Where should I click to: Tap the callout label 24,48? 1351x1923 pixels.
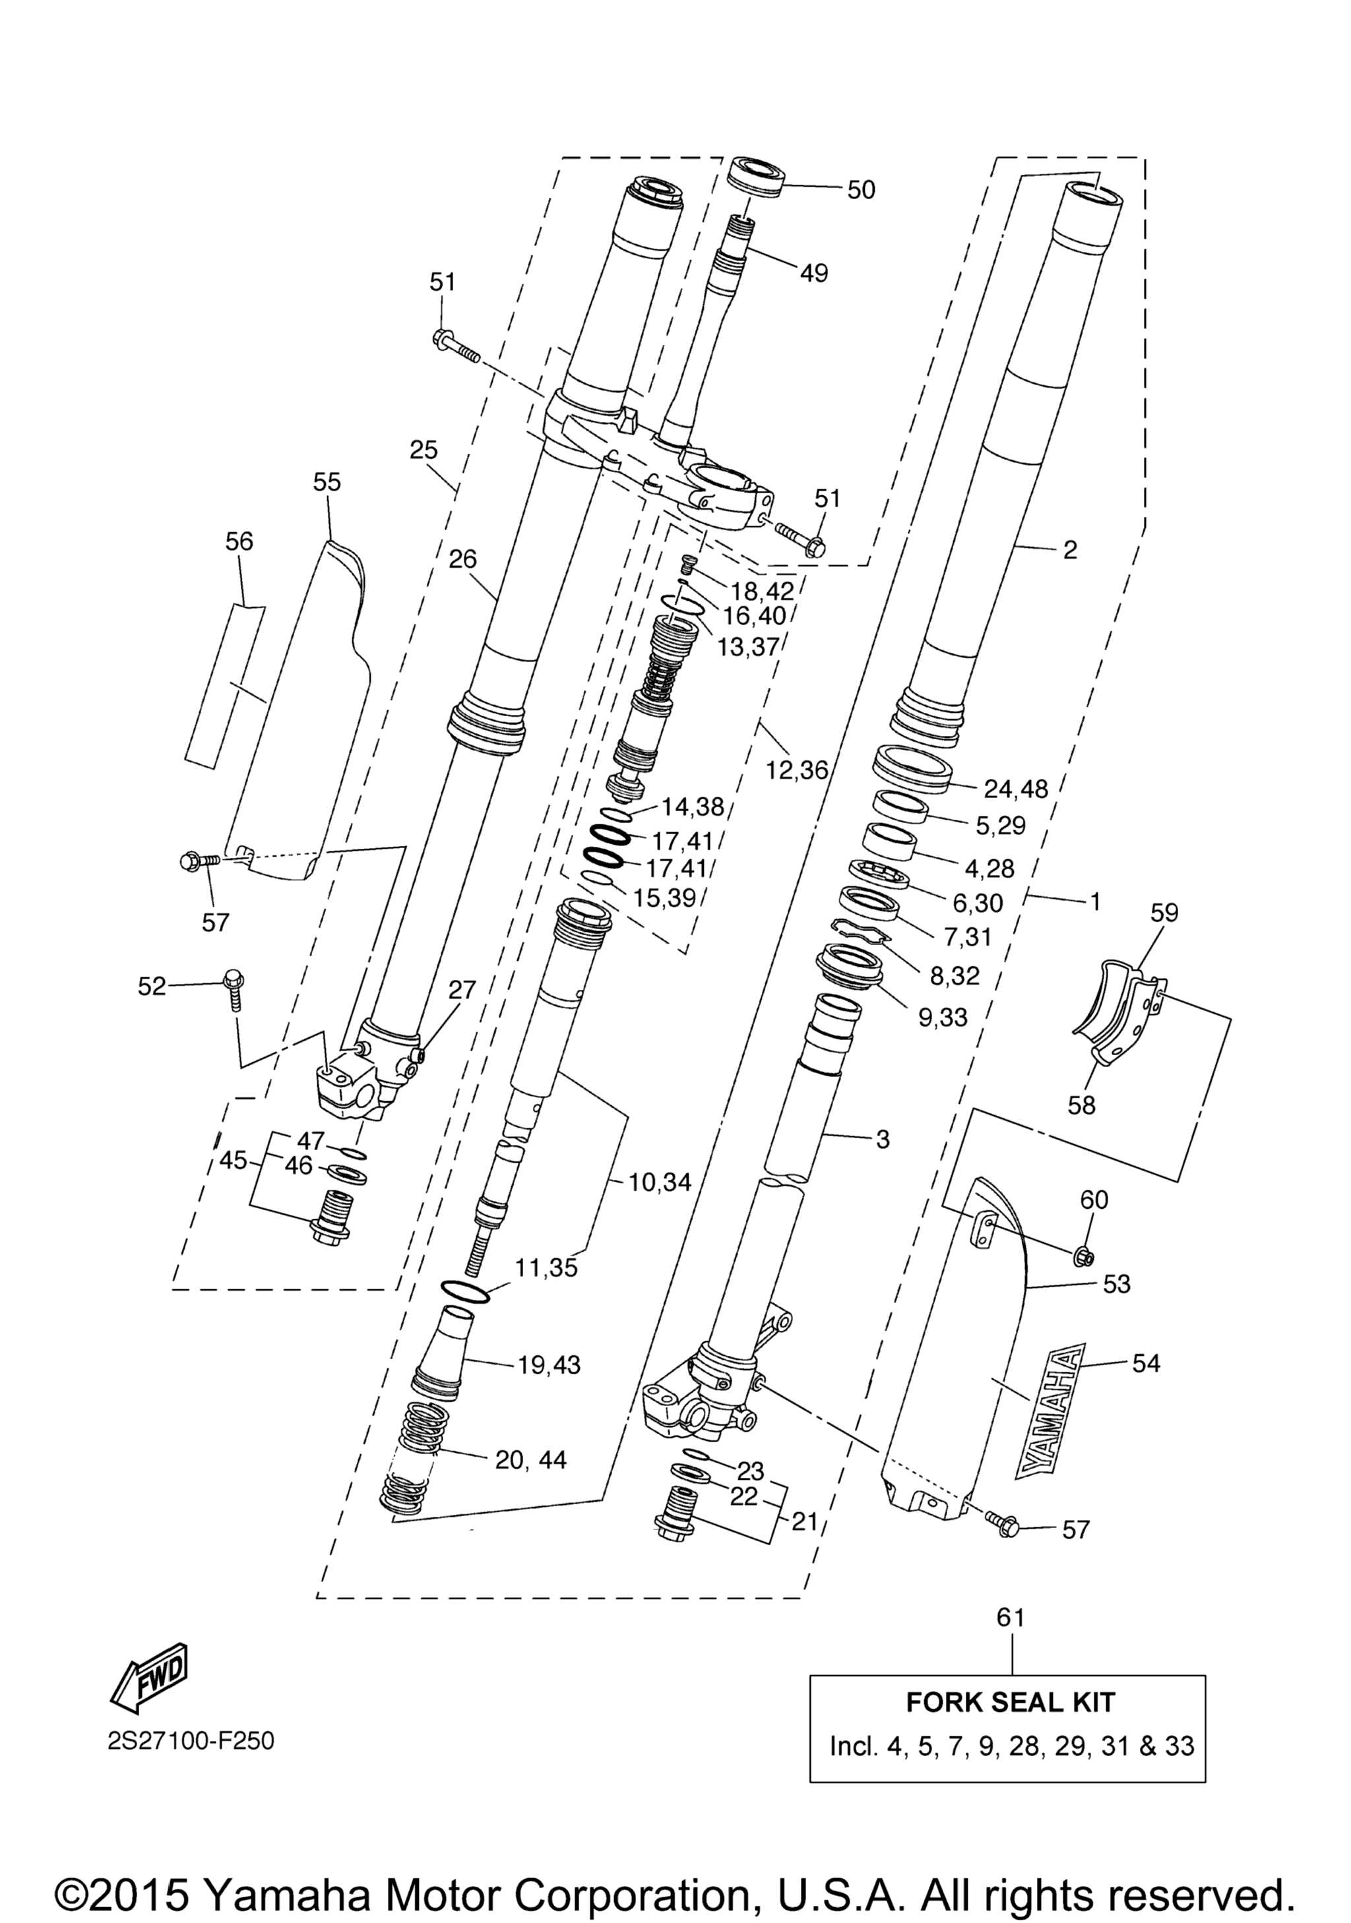1016,789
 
